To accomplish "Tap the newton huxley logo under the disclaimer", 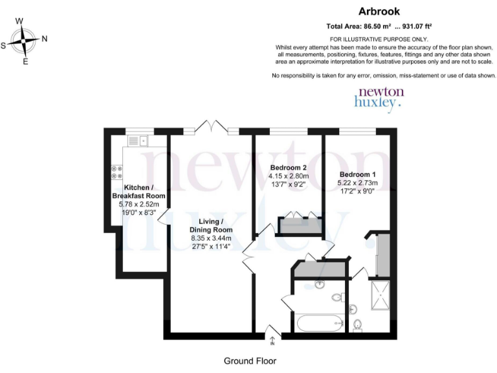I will pyautogui.click(x=380, y=97).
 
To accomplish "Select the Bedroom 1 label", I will pyautogui.click(x=358, y=175).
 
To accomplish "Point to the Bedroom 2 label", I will pyautogui.click(x=289, y=168).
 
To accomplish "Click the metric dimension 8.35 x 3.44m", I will pyautogui.click(x=210, y=238).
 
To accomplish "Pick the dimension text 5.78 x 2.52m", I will pyautogui.click(x=138, y=204).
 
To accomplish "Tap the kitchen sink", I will pyautogui.click(x=138, y=141).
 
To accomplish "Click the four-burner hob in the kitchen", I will pyautogui.click(x=117, y=171).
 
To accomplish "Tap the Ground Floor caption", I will pyautogui.click(x=250, y=361).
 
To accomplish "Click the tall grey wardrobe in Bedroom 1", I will pyautogui.click(x=382, y=252).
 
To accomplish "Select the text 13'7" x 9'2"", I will pyautogui.click(x=289, y=185).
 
